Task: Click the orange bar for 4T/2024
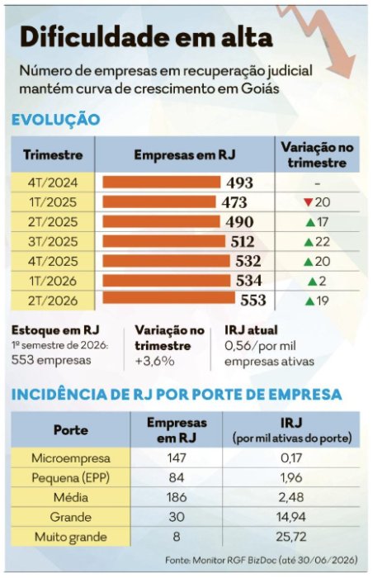(162, 182)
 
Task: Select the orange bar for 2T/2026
(169, 298)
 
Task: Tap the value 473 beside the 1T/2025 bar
(234, 202)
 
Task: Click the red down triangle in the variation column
(309, 202)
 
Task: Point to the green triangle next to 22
(309, 242)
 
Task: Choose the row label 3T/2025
(53, 241)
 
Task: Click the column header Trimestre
(53, 154)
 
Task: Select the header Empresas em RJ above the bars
(185, 154)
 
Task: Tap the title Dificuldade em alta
(146, 37)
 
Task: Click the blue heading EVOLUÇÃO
(55, 120)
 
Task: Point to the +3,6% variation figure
(155, 361)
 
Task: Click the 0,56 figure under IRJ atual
(235, 346)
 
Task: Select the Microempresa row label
(71, 457)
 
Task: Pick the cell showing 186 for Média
(177, 497)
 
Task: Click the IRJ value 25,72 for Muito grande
(291, 537)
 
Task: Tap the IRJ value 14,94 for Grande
(291, 517)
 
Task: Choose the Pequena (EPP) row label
(71, 478)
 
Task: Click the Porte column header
(71, 430)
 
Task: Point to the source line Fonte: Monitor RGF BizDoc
(262, 561)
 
